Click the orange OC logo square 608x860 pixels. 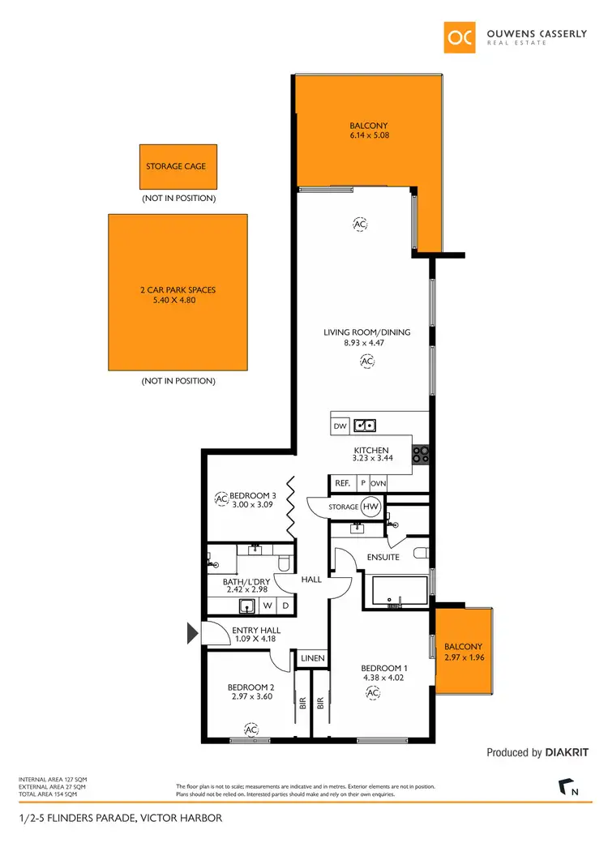click(461, 36)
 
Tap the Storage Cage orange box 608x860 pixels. click(176, 167)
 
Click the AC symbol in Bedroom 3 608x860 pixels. click(221, 499)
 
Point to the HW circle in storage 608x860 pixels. click(371, 507)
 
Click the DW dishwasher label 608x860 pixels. click(340, 426)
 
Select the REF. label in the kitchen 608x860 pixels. click(342, 484)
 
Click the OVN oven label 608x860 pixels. click(379, 484)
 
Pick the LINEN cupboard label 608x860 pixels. click(313, 659)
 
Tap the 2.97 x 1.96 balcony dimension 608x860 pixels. click(464, 658)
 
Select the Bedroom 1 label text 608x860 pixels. click(383, 669)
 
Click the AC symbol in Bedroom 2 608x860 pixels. click(251, 730)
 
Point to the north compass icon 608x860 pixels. click(567, 788)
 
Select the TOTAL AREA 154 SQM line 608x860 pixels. click(52, 794)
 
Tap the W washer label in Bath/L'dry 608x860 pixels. click(267, 605)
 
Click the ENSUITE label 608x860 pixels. click(383, 558)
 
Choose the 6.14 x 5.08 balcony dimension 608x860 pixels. click(369, 136)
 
